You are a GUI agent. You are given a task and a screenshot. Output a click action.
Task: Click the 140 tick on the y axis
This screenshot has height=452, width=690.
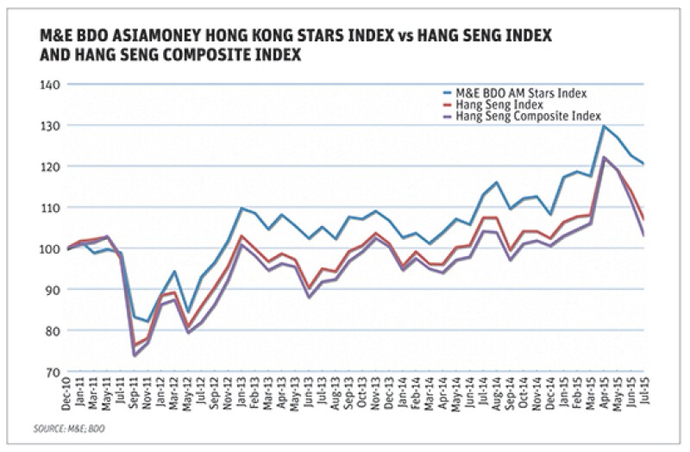(x=52, y=85)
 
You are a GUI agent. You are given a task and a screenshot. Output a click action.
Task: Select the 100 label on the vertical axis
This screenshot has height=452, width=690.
(x=52, y=248)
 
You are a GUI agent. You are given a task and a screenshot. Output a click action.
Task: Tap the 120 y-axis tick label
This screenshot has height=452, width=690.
(x=52, y=166)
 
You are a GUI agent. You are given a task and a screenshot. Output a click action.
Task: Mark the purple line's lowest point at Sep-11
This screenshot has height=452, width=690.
(x=135, y=355)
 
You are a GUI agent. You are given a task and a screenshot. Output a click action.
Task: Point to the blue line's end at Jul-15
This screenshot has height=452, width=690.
(x=643, y=164)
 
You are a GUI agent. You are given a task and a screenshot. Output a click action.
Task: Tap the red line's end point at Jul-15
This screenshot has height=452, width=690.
(x=643, y=219)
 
